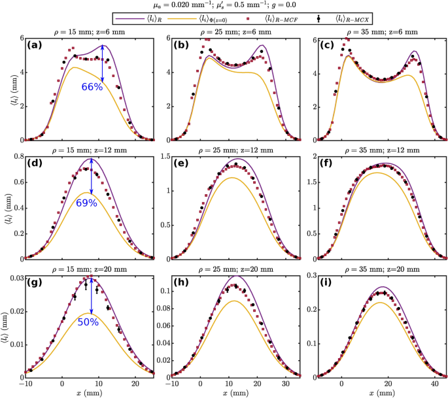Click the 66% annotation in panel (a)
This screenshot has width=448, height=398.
point(92,86)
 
